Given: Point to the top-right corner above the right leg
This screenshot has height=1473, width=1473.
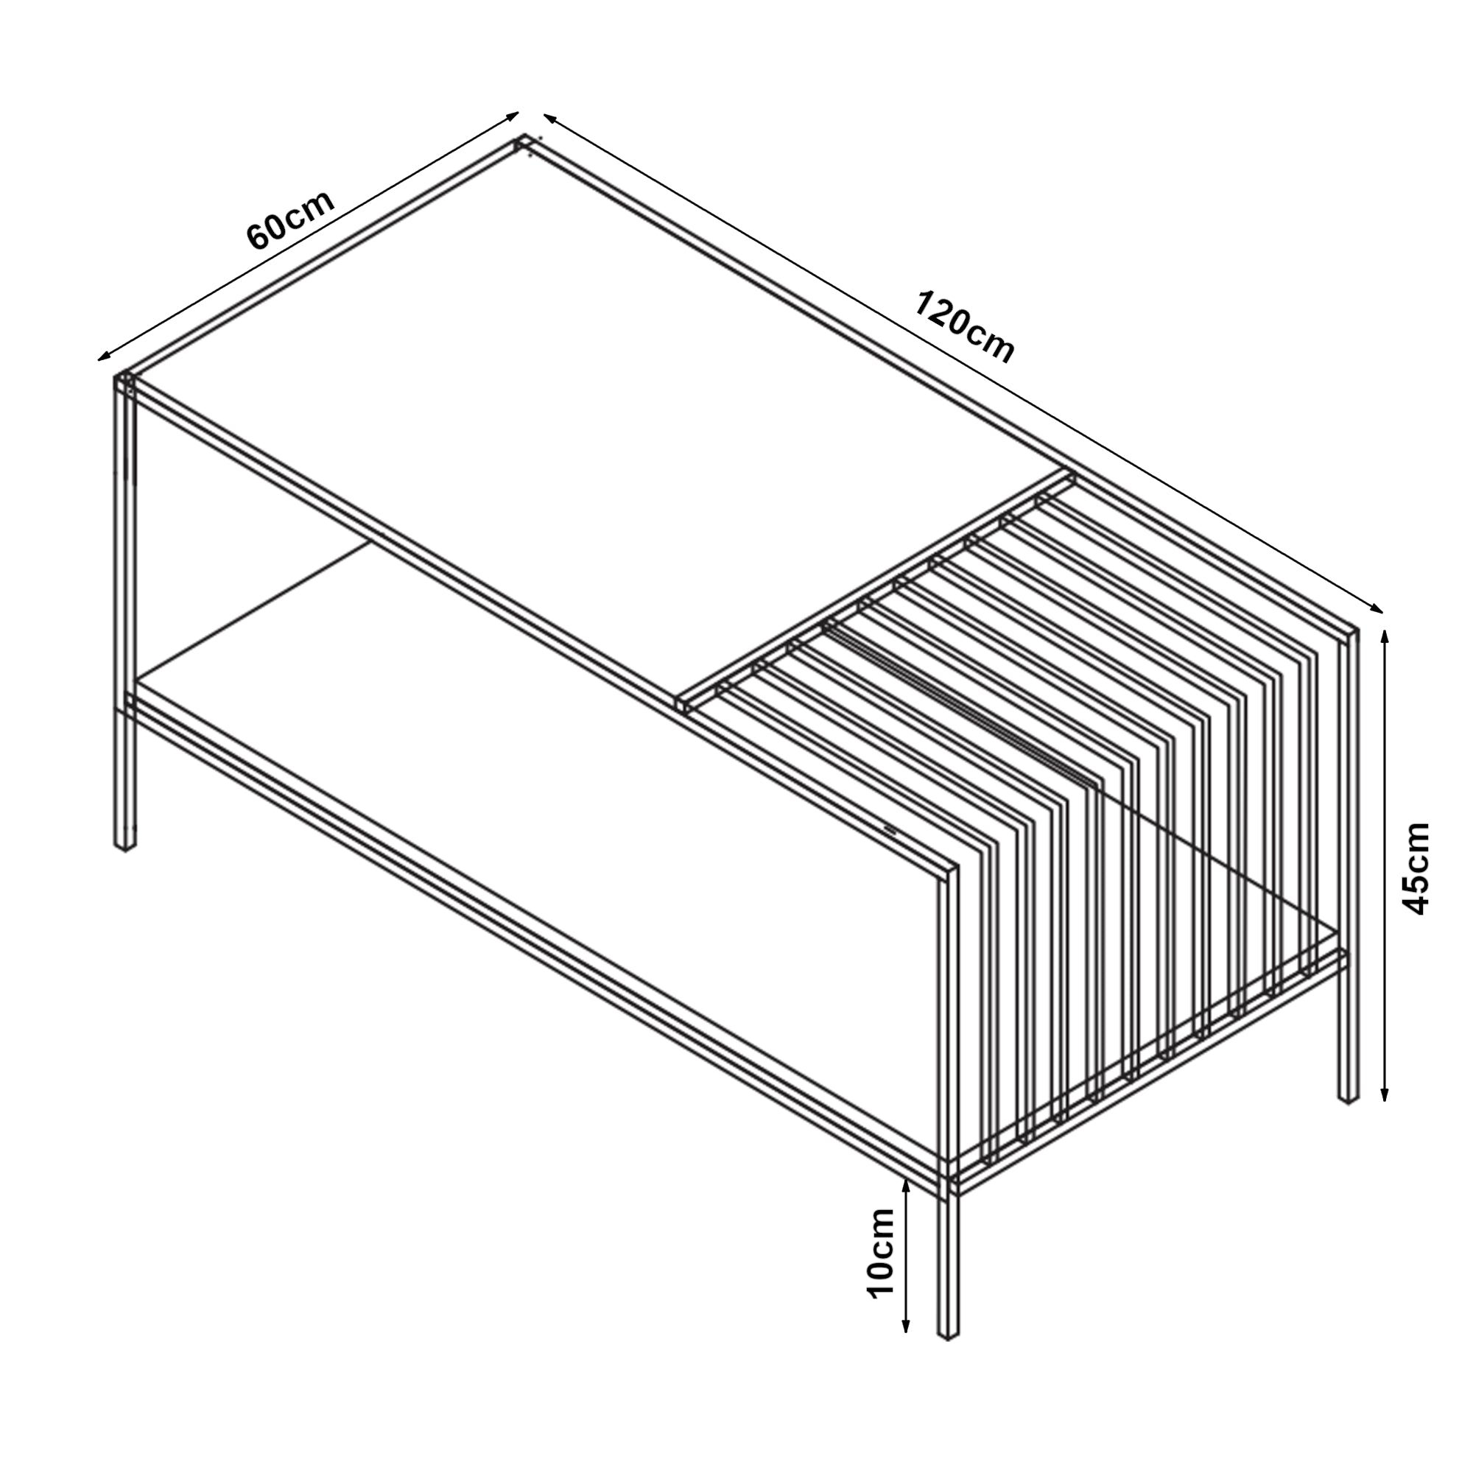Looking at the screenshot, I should (x=1349, y=633).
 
